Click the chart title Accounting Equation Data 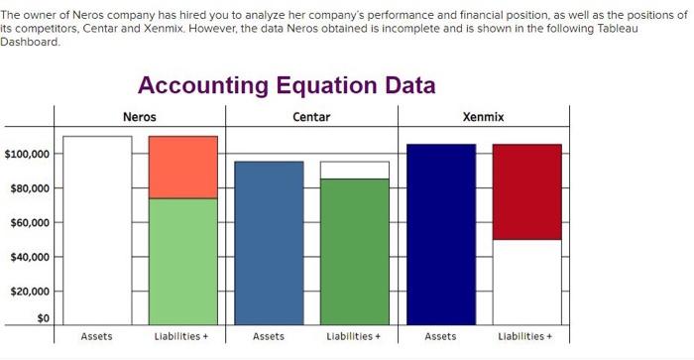[x=287, y=85]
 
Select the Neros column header [x=140, y=117]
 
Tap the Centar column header [x=311, y=117]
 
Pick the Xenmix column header [x=484, y=117]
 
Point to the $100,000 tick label [x=27, y=154]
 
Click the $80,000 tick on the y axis [x=30, y=188]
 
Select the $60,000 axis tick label [x=30, y=223]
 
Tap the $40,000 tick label [x=30, y=257]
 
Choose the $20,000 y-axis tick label [x=30, y=292]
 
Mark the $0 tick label [x=43, y=318]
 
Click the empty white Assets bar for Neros [x=97, y=231]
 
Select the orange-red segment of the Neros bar [x=183, y=168]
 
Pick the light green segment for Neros [x=183, y=262]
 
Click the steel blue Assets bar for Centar [x=269, y=244]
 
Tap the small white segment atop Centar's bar [x=355, y=170]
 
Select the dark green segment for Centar [x=355, y=252]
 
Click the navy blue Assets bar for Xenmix [x=441, y=235]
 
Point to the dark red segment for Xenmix [x=527, y=191]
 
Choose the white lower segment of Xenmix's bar [x=527, y=283]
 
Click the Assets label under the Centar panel [x=269, y=336]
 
